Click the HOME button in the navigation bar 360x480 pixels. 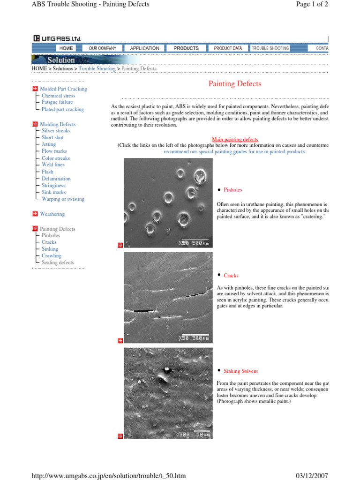point(66,48)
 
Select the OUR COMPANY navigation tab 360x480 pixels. point(103,48)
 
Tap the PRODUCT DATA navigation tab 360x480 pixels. point(228,48)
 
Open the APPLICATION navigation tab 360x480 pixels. point(144,48)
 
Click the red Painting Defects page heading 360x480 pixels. point(235,84)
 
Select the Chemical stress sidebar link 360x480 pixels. point(58,96)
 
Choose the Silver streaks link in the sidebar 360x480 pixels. point(56,131)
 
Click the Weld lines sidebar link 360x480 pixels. point(53,165)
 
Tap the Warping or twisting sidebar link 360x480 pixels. point(63,199)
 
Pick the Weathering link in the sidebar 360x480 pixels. point(52,214)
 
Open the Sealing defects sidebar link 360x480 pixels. point(58,263)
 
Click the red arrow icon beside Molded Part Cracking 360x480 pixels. point(35,89)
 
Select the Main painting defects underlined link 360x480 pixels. point(235,140)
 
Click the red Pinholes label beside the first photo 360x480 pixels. point(232,190)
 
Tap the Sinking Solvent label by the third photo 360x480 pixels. point(240,371)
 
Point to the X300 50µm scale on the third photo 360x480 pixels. point(193,435)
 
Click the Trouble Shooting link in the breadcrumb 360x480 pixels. point(97,69)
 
